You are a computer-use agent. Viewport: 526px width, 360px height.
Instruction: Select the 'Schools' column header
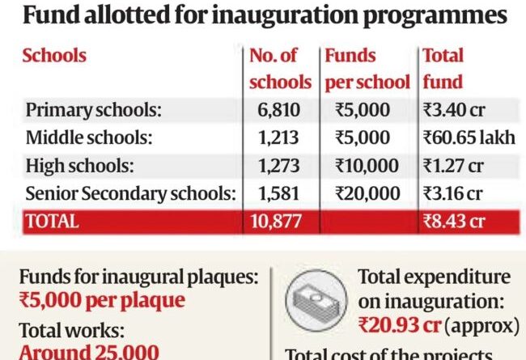coord(54,56)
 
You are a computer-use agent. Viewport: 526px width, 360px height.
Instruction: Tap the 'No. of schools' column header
coord(280,69)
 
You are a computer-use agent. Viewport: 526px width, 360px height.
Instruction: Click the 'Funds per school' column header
coord(366,69)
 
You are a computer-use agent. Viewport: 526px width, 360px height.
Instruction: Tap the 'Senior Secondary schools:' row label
coord(130,194)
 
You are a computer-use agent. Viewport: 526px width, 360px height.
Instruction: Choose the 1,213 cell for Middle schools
coord(280,138)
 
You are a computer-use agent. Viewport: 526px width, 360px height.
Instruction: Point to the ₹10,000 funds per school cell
coord(366,167)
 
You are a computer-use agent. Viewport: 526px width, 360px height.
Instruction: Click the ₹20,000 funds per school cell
coord(366,194)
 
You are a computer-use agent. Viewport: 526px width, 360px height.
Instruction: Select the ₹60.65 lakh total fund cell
coord(469,138)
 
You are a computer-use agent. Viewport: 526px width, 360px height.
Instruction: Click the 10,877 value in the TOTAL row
coord(280,222)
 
